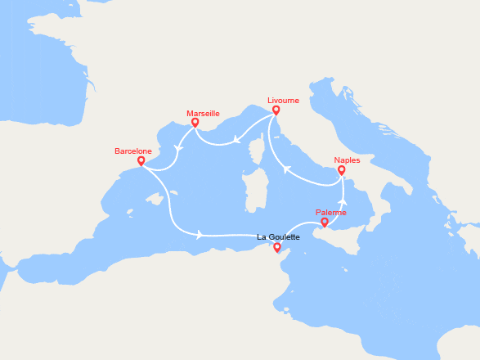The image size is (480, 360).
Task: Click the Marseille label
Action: (x=203, y=113)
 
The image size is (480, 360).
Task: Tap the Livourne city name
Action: (x=283, y=100)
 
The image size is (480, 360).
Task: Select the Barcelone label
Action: (x=133, y=151)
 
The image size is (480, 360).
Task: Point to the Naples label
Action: (x=347, y=160)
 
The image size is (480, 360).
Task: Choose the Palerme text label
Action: (x=331, y=213)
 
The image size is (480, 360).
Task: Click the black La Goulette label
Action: (x=278, y=237)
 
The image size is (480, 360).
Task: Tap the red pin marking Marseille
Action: (x=195, y=123)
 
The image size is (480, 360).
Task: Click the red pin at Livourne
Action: (x=276, y=110)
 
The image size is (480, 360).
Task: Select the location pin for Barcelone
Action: (x=141, y=160)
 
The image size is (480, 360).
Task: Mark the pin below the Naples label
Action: (x=341, y=170)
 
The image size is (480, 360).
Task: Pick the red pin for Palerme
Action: (x=325, y=222)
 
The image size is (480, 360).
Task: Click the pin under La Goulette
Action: (x=277, y=247)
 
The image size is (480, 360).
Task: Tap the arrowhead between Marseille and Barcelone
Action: (x=177, y=151)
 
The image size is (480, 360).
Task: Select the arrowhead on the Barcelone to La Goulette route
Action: (x=200, y=235)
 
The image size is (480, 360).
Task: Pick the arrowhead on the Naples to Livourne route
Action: (x=286, y=170)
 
